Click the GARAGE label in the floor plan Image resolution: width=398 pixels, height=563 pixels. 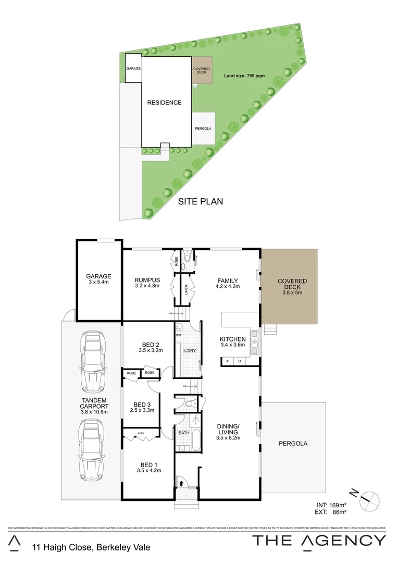click(x=99, y=277)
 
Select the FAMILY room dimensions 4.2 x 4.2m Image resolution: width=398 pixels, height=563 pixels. click(x=228, y=286)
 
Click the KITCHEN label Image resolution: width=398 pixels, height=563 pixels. click(x=232, y=339)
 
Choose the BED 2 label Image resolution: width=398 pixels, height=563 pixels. click(x=151, y=344)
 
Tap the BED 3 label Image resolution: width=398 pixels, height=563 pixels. click(x=142, y=405)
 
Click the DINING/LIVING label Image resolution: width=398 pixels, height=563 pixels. click(x=228, y=429)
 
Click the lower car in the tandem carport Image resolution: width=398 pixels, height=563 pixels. click(x=91, y=451)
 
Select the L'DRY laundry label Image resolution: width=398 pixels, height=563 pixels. click(x=189, y=351)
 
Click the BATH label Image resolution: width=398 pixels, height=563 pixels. click(x=184, y=433)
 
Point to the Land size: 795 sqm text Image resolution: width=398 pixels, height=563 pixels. click(x=244, y=76)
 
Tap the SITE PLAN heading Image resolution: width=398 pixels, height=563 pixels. click(x=201, y=201)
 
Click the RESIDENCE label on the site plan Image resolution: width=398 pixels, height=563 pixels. click(x=164, y=103)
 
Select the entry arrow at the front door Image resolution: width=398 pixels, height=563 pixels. click(x=181, y=483)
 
